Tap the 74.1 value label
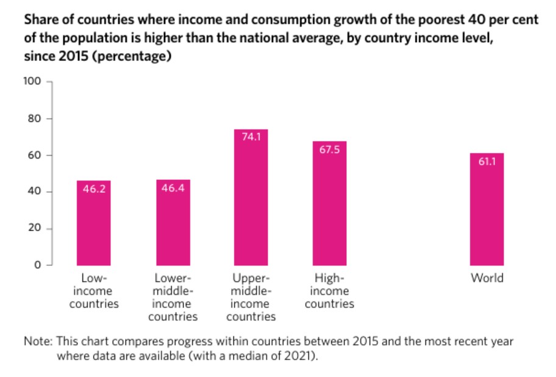coord(251,137)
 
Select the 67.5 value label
coord(329,149)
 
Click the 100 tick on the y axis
coord(32,82)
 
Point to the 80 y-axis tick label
coord(35,118)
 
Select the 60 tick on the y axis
coord(35,155)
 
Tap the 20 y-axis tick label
coord(35,228)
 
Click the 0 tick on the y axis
coord(37,265)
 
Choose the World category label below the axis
coord(486,278)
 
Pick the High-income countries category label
coord(329,291)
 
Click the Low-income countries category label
coord(93,291)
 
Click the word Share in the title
coord(40,20)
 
